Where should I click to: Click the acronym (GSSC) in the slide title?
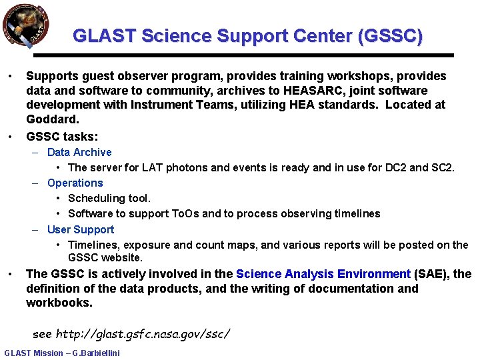click(390, 35)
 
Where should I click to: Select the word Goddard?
click(53, 119)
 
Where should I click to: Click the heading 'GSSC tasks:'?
click(62, 137)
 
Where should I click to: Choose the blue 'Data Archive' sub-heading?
click(79, 153)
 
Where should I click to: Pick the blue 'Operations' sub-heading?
click(75, 183)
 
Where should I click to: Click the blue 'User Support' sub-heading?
click(81, 230)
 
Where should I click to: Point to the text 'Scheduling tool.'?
click(109, 199)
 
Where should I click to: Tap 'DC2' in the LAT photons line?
click(393, 168)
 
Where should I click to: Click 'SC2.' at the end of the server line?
click(443, 168)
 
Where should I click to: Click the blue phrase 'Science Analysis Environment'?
click(323, 274)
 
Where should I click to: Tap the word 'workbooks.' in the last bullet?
click(59, 303)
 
